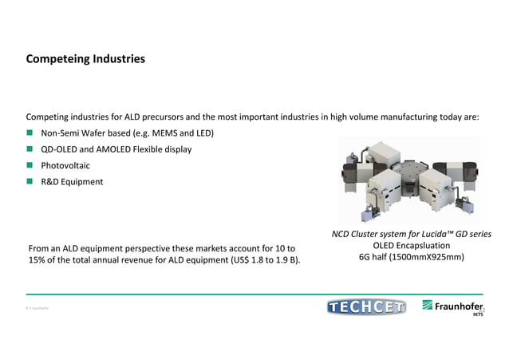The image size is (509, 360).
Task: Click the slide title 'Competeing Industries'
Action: tap(85, 59)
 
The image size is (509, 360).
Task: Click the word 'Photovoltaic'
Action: tap(65, 166)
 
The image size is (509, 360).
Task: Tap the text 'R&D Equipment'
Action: tap(72, 182)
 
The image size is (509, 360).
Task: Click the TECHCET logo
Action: tap(366, 307)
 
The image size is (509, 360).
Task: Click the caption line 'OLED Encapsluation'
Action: tap(411, 246)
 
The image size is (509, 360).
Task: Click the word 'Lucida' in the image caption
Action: tap(425, 234)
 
